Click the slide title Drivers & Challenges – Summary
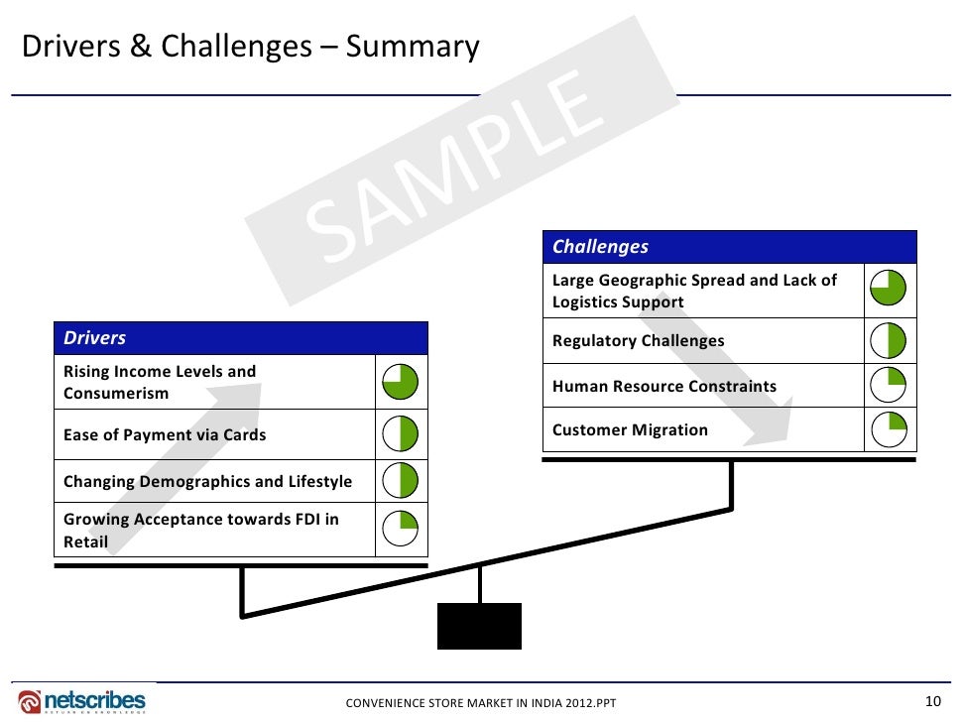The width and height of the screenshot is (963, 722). tap(250, 47)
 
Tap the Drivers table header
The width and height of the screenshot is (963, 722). tap(241, 338)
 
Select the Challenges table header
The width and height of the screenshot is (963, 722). tap(730, 247)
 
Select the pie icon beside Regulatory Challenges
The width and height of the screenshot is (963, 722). tap(889, 341)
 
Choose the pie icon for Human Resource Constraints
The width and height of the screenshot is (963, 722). tap(889, 386)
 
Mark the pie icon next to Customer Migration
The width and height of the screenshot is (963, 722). tap(889, 430)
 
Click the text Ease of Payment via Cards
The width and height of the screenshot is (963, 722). tap(165, 434)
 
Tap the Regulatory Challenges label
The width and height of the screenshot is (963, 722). tap(638, 341)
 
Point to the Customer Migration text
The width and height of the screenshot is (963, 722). tap(630, 430)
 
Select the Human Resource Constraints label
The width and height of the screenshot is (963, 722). tap(663, 386)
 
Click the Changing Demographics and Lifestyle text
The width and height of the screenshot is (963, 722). tap(207, 482)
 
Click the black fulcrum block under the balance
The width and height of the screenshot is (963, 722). tap(479, 626)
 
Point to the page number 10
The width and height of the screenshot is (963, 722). tap(931, 701)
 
